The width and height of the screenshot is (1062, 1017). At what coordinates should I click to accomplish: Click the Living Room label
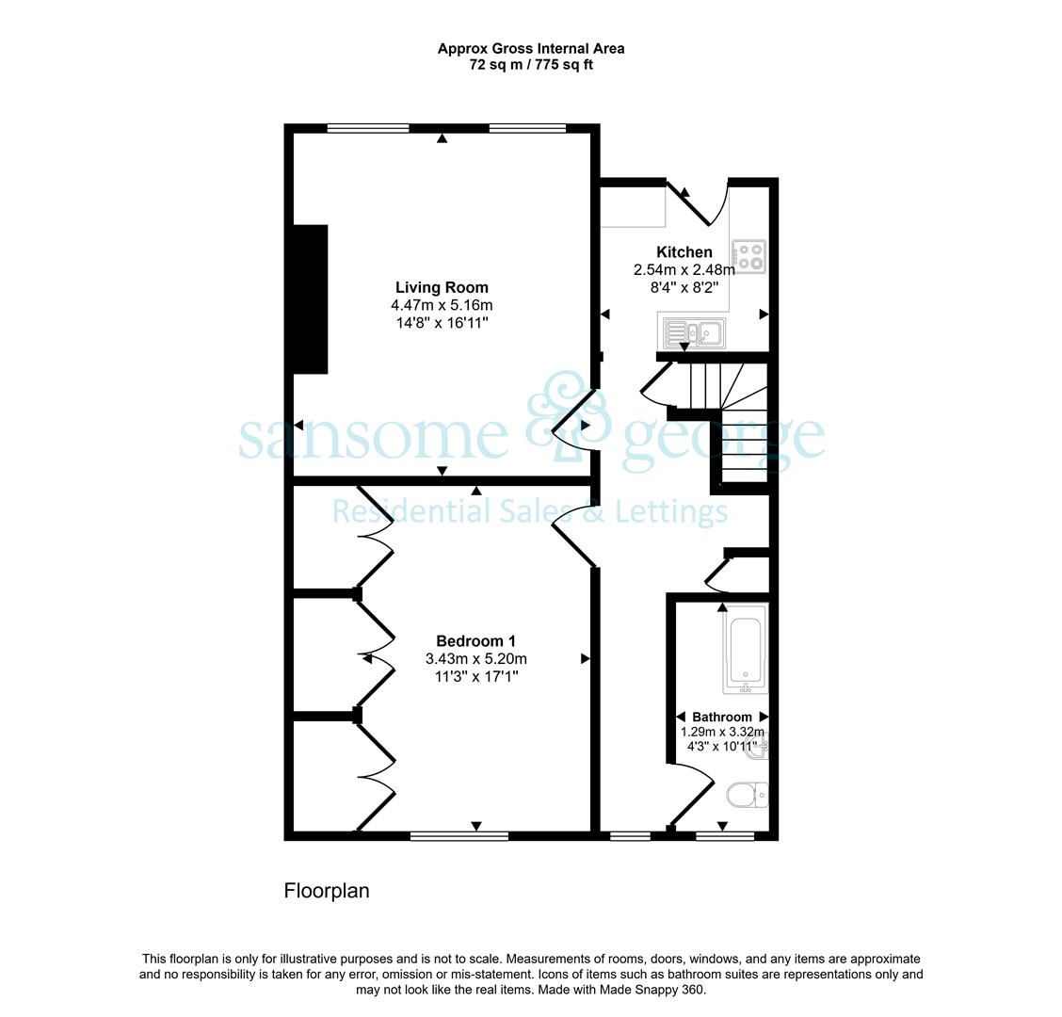[442, 287]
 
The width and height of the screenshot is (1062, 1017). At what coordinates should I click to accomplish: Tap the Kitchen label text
[684, 252]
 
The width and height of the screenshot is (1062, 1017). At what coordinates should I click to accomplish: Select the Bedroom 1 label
[475, 641]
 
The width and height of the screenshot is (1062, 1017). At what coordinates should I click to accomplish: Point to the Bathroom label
[722, 717]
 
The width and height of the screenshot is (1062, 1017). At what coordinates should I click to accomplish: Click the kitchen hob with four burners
[748, 256]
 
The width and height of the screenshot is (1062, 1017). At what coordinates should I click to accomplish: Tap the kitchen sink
[694, 332]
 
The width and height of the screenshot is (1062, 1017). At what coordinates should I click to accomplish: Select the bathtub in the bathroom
[745, 650]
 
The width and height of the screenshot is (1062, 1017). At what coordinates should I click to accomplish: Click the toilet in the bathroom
[748, 796]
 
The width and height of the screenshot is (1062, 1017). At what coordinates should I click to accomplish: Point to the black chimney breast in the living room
[310, 299]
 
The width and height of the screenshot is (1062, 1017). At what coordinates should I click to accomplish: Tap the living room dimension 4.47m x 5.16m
[442, 305]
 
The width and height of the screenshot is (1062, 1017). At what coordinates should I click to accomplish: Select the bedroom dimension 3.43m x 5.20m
[476, 658]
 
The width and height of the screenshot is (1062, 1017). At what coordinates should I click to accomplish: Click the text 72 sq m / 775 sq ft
[531, 65]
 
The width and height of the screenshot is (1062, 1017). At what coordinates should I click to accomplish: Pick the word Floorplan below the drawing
[327, 890]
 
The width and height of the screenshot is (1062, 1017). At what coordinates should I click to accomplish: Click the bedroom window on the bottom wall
[459, 836]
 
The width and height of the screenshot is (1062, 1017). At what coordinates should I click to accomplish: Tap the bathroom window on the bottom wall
[725, 836]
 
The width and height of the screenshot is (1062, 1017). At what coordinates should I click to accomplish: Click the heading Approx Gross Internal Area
[531, 49]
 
